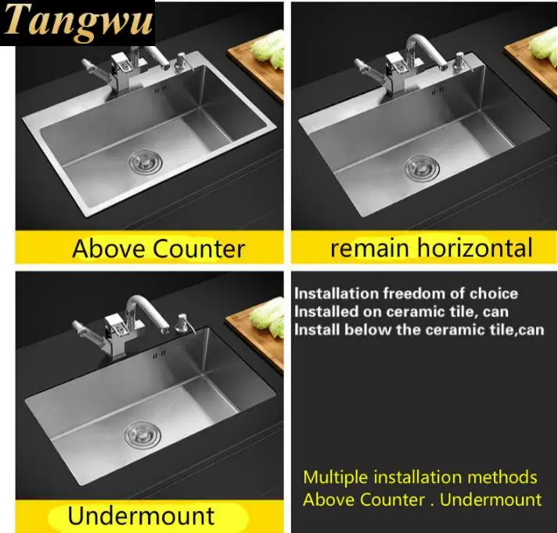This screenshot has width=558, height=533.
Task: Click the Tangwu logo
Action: click(78, 21)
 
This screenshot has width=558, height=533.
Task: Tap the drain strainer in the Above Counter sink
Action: click(146, 162)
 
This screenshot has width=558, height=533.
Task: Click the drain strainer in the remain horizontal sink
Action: click(422, 167)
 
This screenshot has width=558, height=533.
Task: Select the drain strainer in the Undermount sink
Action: click(142, 434)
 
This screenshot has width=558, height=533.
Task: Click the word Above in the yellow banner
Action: click(110, 249)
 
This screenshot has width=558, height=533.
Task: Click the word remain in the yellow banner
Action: click(369, 248)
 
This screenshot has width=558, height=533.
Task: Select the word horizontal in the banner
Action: click(475, 247)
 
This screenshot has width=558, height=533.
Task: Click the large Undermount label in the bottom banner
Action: click(141, 516)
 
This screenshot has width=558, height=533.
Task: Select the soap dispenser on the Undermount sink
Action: click(184, 323)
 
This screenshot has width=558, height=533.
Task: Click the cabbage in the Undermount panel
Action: click(268, 317)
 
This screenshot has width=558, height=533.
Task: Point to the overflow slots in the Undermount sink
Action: click(159, 354)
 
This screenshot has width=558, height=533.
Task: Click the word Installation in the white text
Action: click(337, 294)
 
